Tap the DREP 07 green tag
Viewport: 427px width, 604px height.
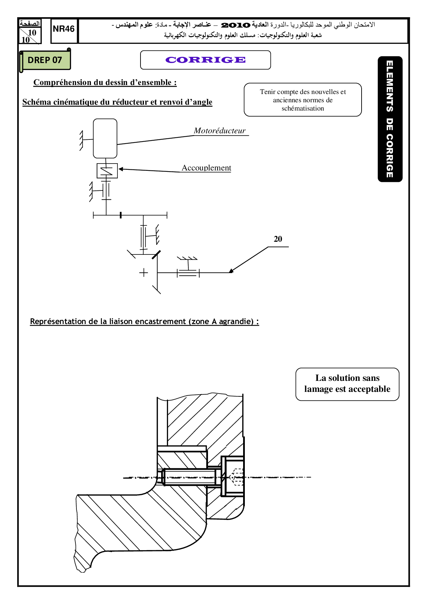(45, 60)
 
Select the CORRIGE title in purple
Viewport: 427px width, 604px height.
(206, 60)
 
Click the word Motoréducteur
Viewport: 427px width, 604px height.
(220, 131)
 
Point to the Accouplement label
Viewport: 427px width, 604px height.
(206, 168)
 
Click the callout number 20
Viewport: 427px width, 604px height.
(278, 239)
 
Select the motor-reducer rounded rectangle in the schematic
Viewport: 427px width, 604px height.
(105, 138)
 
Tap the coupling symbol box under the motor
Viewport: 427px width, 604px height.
(107, 171)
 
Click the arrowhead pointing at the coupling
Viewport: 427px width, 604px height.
(121, 169)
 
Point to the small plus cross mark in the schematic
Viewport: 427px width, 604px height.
(144, 273)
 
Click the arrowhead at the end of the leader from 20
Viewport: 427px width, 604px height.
(231, 271)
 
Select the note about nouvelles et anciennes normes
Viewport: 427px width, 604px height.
(303, 100)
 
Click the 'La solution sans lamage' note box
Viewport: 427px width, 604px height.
(347, 384)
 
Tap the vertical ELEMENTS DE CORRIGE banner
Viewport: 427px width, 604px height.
(390, 119)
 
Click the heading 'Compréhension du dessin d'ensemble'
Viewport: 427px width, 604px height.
(105, 83)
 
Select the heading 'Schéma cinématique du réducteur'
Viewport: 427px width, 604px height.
(117, 102)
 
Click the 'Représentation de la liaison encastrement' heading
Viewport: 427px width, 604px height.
(144, 322)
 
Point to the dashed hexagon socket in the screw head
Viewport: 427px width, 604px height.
(237, 477)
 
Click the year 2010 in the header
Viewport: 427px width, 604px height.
(236, 25)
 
